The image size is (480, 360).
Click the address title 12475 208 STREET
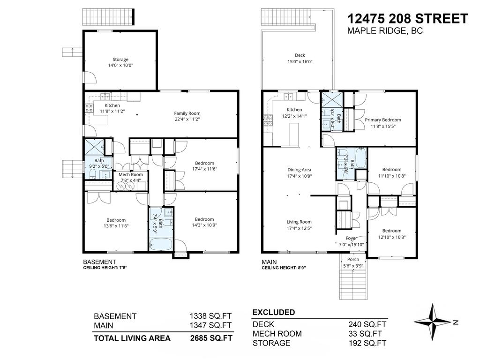click(x=407, y=19)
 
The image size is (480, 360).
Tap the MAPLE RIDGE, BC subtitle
click(x=385, y=31)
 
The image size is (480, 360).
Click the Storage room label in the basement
click(x=120, y=60)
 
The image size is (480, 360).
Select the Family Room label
click(x=187, y=113)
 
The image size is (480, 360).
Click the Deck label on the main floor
click(x=300, y=55)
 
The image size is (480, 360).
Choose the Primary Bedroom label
click(x=383, y=120)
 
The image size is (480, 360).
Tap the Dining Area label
click(x=299, y=170)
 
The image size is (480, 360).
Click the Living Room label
click(x=299, y=222)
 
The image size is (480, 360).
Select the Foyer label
click(x=351, y=238)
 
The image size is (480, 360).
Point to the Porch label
click(x=353, y=260)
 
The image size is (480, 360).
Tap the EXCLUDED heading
click(x=274, y=312)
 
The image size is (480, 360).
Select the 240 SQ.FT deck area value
click(x=367, y=324)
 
